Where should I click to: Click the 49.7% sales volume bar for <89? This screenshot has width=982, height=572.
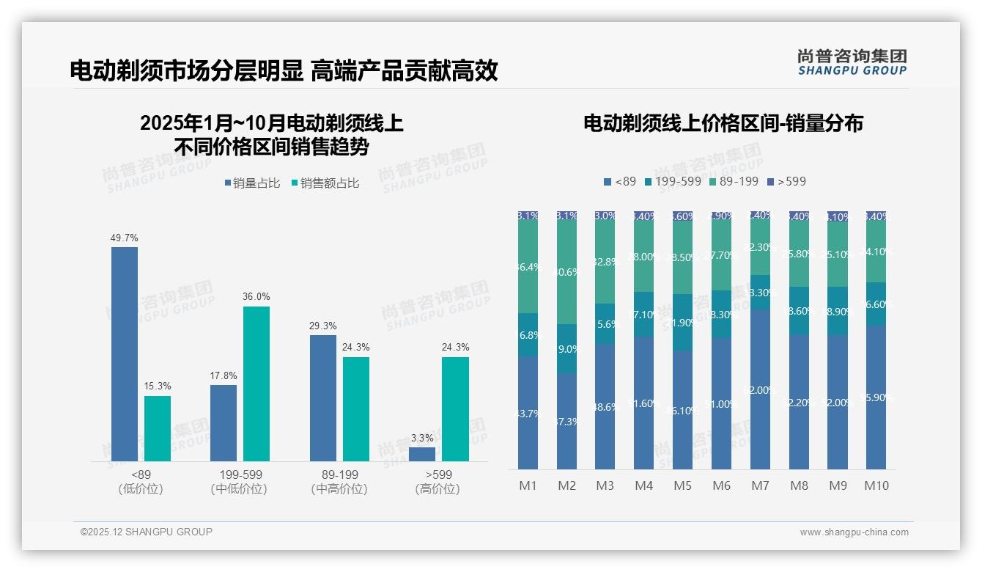coord(125,354)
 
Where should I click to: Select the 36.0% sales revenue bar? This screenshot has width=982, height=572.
coord(256,384)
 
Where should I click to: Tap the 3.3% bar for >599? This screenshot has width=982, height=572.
coord(422,454)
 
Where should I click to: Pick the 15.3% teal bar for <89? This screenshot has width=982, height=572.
coord(158,428)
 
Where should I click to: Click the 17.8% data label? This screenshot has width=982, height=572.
coord(224,375)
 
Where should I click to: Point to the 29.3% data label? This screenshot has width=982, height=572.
coord(323,326)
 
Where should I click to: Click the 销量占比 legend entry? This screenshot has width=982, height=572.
coord(251,183)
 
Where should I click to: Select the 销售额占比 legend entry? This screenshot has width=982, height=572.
coord(325,183)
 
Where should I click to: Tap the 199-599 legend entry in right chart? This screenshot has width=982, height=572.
coord(673,181)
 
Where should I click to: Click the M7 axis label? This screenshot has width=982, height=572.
coord(760,485)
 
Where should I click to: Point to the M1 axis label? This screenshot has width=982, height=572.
coord(528,485)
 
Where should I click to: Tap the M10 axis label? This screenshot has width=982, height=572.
coord(876,485)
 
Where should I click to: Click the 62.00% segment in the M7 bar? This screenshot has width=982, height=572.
coord(760,389)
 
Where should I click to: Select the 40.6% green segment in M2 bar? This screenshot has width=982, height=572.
coord(566,272)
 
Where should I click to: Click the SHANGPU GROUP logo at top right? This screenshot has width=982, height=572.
coord(852,62)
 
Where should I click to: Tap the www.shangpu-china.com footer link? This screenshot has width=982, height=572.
coord(854,532)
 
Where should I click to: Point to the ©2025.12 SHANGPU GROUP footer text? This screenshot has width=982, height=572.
coord(147,532)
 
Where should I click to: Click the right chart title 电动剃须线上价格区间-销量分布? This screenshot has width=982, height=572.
coord(723,123)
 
